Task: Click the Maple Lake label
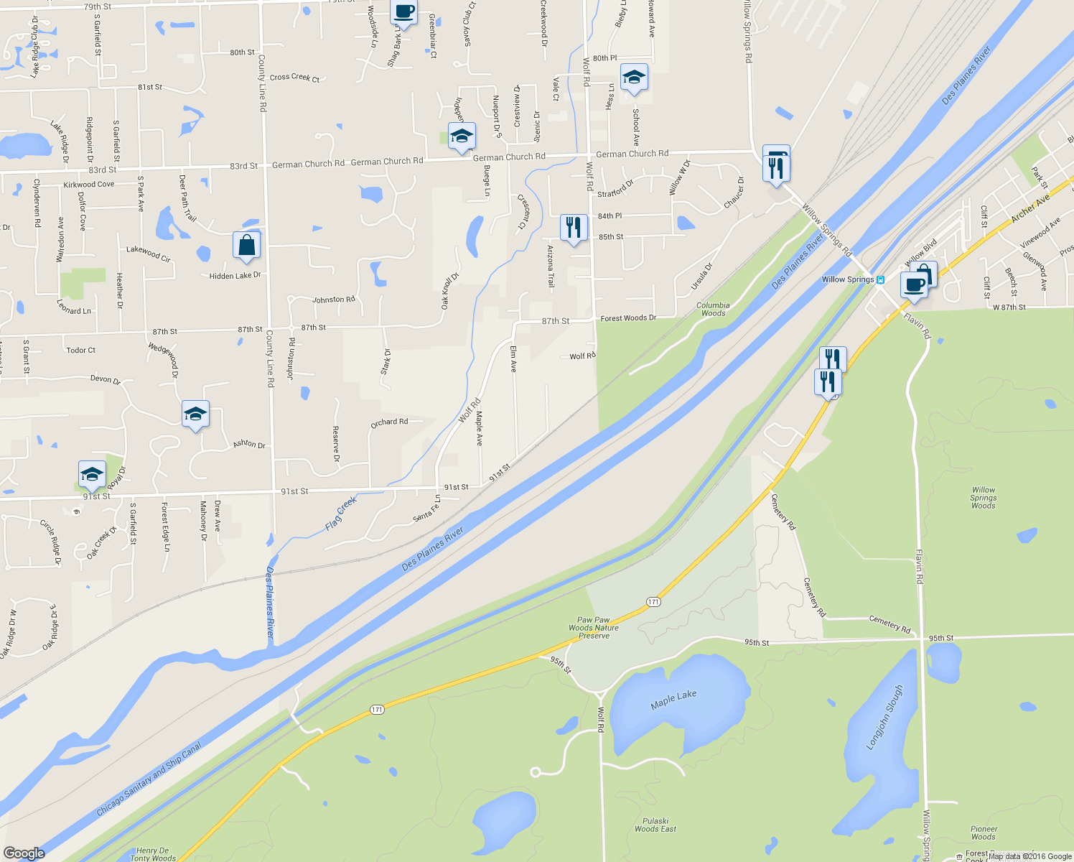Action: [x=673, y=699]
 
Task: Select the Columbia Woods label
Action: [x=713, y=309]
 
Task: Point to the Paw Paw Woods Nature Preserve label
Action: [x=594, y=628]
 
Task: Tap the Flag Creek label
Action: [x=341, y=514]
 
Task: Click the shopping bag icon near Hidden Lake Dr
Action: [x=246, y=246]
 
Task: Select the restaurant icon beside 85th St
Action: [x=573, y=228]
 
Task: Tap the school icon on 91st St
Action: [x=92, y=475]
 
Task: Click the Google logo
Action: [x=24, y=853]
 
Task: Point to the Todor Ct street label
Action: [x=80, y=351]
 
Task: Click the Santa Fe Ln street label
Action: [x=427, y=510]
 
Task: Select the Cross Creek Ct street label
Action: [x=294, y=77]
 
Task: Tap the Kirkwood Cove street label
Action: [x=88, y=185]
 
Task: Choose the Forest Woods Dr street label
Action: [x=628, y=318]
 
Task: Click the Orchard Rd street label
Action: [x=389, y=422]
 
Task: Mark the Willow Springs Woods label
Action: [x=983, y=498]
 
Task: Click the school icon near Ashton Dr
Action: [x=195, y=414]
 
